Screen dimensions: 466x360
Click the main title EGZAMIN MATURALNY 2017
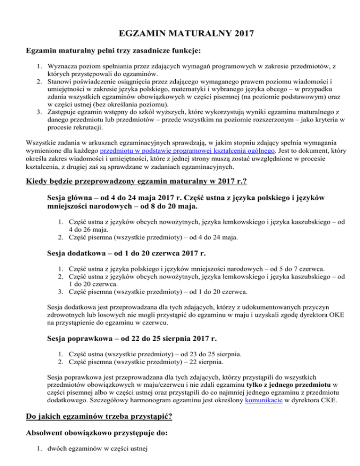180,33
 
